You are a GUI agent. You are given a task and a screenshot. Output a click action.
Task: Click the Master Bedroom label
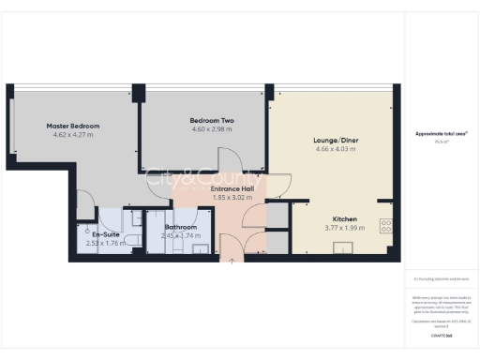point(73,126)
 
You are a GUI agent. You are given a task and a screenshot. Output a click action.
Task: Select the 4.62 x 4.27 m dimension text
point(73,134)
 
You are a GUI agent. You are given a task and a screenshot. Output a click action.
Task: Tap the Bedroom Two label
point(211,120)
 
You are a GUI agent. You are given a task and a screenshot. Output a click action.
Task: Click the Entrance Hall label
point(232,189)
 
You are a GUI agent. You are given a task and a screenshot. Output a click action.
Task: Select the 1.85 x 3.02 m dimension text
point(232,198)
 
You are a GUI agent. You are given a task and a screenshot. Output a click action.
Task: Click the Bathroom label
point(181,227)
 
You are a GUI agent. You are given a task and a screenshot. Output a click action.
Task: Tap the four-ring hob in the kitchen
point(384,226)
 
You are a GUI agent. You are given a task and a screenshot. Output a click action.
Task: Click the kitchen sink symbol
point(341,248)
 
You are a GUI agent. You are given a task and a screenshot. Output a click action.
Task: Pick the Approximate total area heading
point(442,134)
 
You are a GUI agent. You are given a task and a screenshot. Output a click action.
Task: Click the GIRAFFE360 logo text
point(442,335)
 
